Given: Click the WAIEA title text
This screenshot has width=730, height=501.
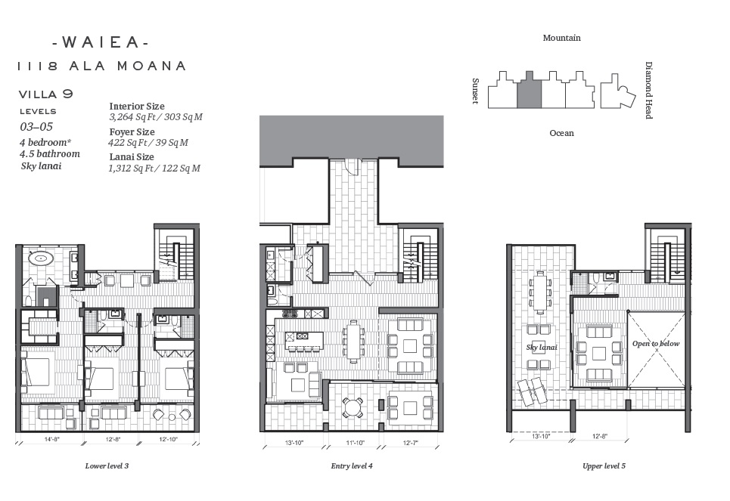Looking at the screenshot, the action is coord(101,43).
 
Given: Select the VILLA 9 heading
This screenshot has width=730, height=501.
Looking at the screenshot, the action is coord(46,94).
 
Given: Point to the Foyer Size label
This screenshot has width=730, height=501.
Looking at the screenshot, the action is coord(132,131).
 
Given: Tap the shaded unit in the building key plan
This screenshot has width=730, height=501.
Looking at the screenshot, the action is coord(530,90).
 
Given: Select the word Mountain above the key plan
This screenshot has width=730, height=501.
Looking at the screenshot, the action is coord(561,38).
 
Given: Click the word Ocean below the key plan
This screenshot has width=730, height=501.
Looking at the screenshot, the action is coord(561,133).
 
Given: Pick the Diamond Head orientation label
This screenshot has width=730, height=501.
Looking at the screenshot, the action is coord(648,90).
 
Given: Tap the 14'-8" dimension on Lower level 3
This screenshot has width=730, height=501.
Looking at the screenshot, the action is coord(51,439).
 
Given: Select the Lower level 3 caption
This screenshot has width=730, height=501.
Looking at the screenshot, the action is coord(107,465).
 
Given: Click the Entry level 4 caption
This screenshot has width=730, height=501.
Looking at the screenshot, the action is coord(352,465).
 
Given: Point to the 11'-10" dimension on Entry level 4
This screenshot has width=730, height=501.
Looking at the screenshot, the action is coord(355,443).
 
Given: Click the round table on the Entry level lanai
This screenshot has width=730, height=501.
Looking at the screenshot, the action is coord(353,408).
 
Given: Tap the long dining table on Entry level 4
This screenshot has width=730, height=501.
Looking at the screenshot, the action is coord(353,342).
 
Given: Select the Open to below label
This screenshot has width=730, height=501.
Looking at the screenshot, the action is coord(656,344).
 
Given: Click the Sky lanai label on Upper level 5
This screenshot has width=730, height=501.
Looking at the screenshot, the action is coord(542,348).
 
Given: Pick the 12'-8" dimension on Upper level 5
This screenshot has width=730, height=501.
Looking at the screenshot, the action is coord(600,436).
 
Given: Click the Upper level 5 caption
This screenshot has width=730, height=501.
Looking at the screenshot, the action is coord(604,465).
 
